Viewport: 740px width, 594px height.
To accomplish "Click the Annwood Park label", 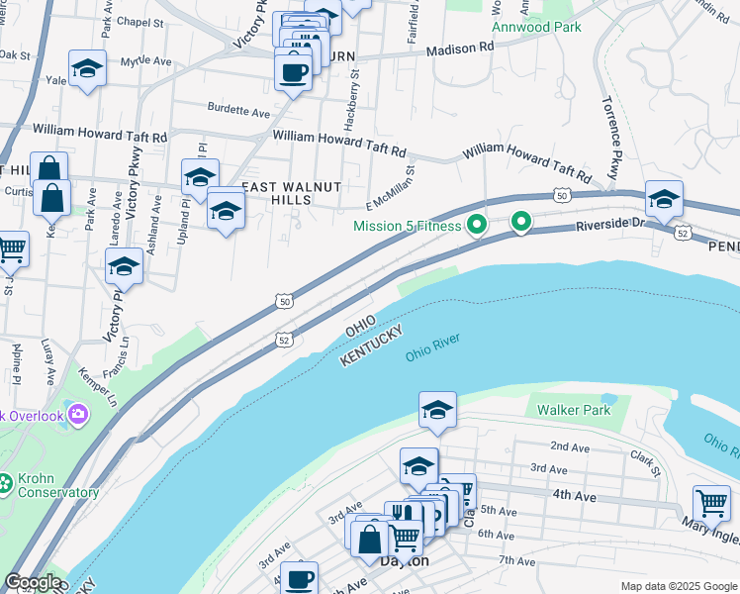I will [540, 27].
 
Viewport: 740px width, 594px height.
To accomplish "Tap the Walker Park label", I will [570, 409].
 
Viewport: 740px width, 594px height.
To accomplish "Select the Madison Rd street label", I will [460, 49].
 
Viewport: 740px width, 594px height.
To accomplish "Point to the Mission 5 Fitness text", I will [408, 226].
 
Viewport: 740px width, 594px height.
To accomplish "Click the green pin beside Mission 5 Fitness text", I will [477, 225].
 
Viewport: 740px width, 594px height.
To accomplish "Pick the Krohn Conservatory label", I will [57, 485].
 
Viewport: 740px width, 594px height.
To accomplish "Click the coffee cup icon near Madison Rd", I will [294, 71].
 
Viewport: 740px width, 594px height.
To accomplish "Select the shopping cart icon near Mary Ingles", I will [711, 504].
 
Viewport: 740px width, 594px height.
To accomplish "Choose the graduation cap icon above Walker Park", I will [437, 409].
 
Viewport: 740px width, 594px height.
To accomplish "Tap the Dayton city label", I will [406, 560].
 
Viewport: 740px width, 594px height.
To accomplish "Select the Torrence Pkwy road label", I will [610, 139].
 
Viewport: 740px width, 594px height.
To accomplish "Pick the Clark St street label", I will [646, 461].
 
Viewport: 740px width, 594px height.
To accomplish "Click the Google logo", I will [32, 582].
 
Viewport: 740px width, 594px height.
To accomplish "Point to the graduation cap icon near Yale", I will [87, 68].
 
